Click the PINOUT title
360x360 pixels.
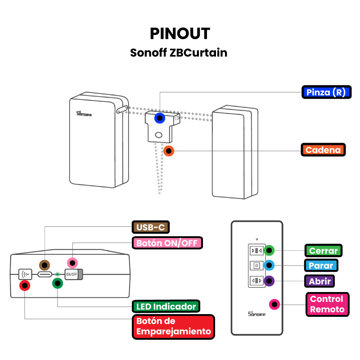tap(180, 34)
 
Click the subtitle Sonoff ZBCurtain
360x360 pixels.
tap(179, 53)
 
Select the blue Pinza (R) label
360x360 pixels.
tap(325, 92)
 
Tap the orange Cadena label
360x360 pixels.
tap(323, 150)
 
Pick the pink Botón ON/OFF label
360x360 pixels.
tap(166, 243)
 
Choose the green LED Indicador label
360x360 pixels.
tap(166, 307)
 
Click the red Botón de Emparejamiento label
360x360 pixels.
tap(173, 327)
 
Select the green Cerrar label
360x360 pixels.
tap(323, 251)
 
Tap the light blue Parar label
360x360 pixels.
tap(321, 265)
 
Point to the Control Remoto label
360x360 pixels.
tap(327, 304)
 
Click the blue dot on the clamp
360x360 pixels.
tap(159, 118)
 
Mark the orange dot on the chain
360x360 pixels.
tap(169, 151)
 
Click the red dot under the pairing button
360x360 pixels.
tap(25, 285)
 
